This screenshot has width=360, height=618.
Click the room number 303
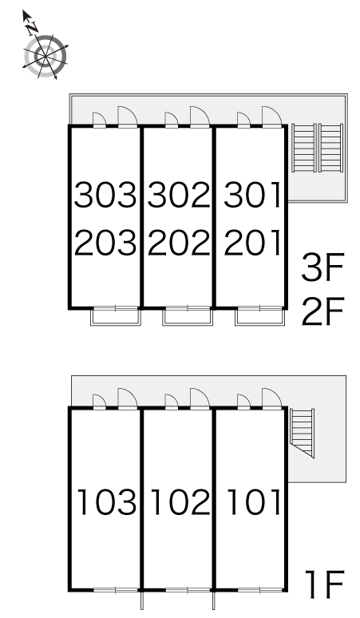tap(105, 195)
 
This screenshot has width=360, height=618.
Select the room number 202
tap(179, 242)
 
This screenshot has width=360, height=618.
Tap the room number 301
tap(252, 195)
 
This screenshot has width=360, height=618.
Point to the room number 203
tap(105, 242)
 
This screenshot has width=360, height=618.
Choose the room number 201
tap(252, 242)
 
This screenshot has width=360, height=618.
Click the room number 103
tap(106, 501)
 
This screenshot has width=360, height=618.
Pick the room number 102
tap(180, 501)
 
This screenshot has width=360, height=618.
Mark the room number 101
tap(254, 501)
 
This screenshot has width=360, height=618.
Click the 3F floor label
tap(323, 267)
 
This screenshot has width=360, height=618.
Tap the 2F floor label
tap(323, 311)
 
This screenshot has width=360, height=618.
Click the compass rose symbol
tap(45, 57)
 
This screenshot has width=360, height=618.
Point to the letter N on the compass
tap(32, 28)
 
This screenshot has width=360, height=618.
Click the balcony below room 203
tap(116, 316)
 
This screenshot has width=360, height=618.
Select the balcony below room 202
tap(188, 316)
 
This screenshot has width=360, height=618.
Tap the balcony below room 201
tap(259, 316)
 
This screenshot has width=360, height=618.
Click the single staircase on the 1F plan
tap(303, 433)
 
